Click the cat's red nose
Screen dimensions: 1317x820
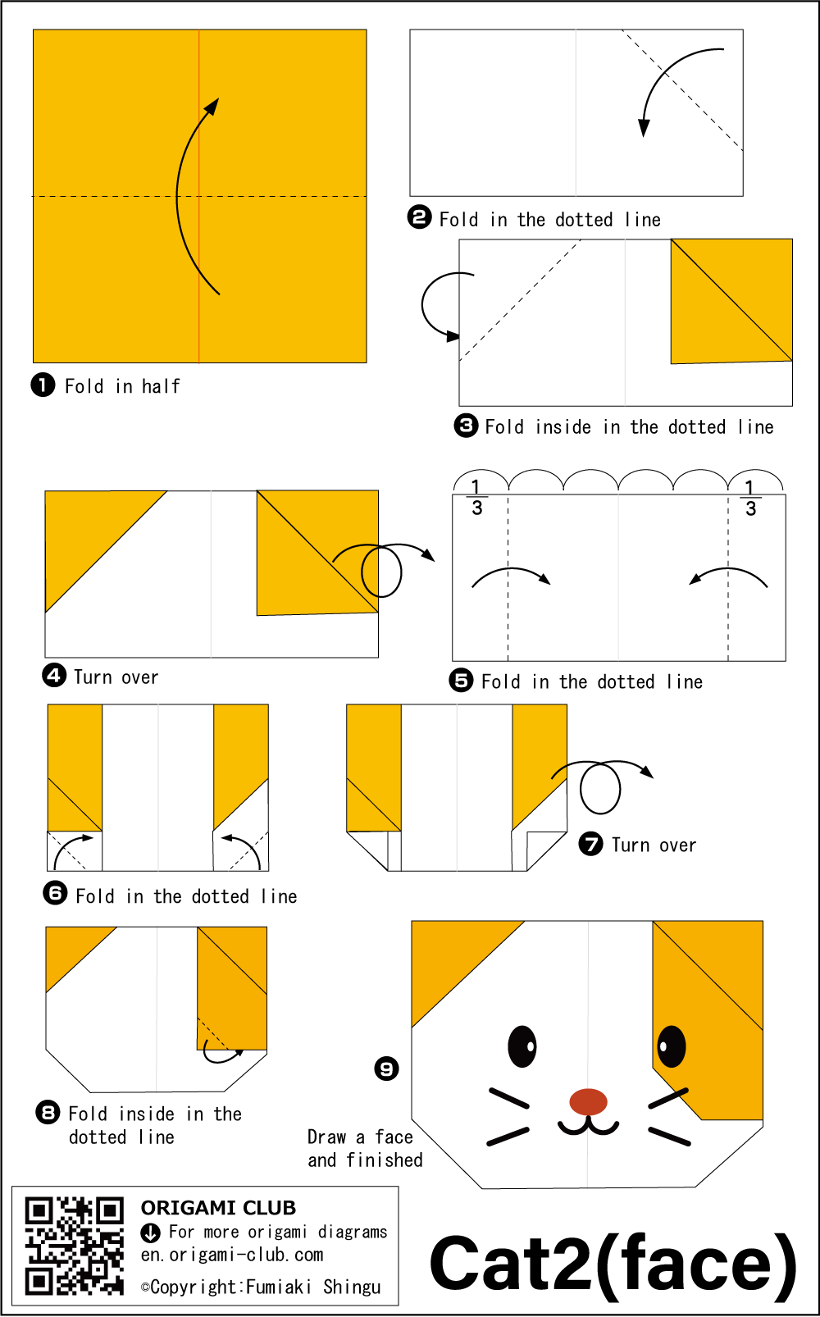coord(588,1101)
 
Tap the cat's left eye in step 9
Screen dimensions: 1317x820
coord(522,1046)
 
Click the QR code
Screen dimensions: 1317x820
coord(74,1246)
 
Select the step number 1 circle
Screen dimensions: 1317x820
coord(43,385)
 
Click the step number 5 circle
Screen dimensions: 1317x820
coord(462,680)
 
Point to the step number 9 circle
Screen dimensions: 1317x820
coord(386,1069)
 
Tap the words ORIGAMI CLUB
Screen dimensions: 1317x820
coord(218,1208)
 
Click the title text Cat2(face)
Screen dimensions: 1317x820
coord(613,1264)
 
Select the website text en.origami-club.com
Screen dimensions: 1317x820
coord(232,1255)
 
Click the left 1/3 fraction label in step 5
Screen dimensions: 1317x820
coord(476,498)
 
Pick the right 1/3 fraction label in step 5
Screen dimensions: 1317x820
coord(750,498)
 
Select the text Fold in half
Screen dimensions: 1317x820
coord(122,386)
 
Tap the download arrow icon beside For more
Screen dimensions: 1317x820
coord(150,1233)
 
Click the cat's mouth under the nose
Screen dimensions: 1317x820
coord(588,1127)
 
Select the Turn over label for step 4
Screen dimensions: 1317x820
coord(116,677)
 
